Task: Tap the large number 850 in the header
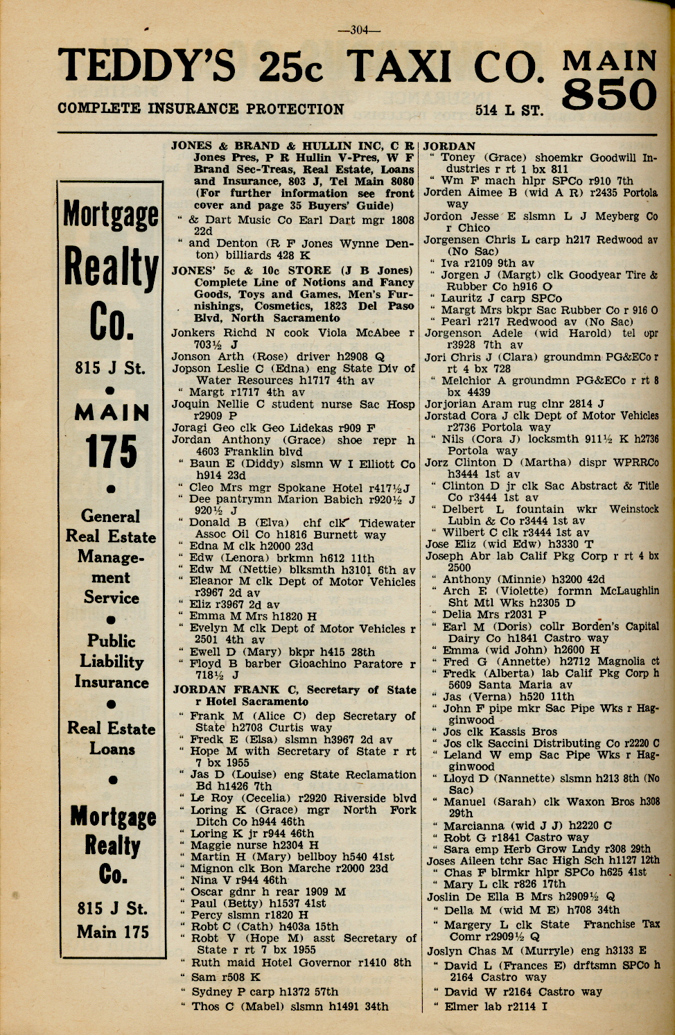pyautogui.click(x=609, y=94)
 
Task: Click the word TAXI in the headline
pyautogui.click(x=405, y=67)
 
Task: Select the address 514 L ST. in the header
pyautogui.click(x=509, y=110)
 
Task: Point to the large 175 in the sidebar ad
pyautogui.click(x=112, y=451)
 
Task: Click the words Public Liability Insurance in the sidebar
pyautogui.click(x=112, y=661)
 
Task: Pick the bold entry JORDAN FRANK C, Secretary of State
pyautogui.click(x=294, y=690)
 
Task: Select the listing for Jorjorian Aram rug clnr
pyautogui.click(x=514, y=403)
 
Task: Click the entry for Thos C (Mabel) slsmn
pyautogui.click(x=289, y=1006)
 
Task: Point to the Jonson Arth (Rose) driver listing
pyautogui.click(x=278, y=356)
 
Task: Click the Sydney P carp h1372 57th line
pyautogui.click(x=265, y=991)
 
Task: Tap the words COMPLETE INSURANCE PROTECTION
pyautogui.click(x=201, y=109)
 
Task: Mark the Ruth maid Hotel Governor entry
pyautogui.click(x=301, y=962)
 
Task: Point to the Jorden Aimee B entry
pyautogui.click(x=541, y=192)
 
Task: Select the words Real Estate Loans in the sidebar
pyautogui.click(x=112, y=738)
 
